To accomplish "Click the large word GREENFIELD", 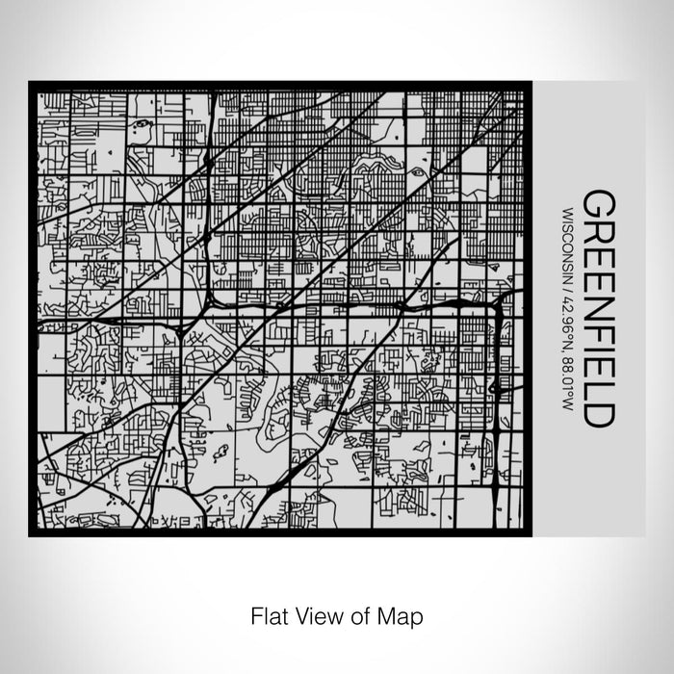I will [598, 309].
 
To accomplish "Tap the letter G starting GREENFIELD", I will [598, 204].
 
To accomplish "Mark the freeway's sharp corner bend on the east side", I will [499, 307].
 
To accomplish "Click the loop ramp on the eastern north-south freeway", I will [496, 387].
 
